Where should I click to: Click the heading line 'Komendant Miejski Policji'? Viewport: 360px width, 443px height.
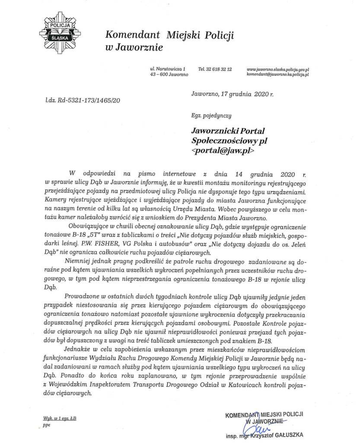click(x=169, y=35)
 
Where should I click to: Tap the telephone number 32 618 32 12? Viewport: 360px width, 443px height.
click(x=215, y=69)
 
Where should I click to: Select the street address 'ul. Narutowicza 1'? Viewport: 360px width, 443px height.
click(x=168, y=69)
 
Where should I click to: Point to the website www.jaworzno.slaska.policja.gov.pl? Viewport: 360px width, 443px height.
click(x=277, y=69)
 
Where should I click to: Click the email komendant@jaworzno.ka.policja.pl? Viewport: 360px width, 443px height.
click(x=277, y=74)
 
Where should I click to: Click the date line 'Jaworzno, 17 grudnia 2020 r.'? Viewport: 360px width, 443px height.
click(x=232, y=93)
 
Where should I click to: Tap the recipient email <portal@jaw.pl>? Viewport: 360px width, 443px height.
click(x=223, y=151)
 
